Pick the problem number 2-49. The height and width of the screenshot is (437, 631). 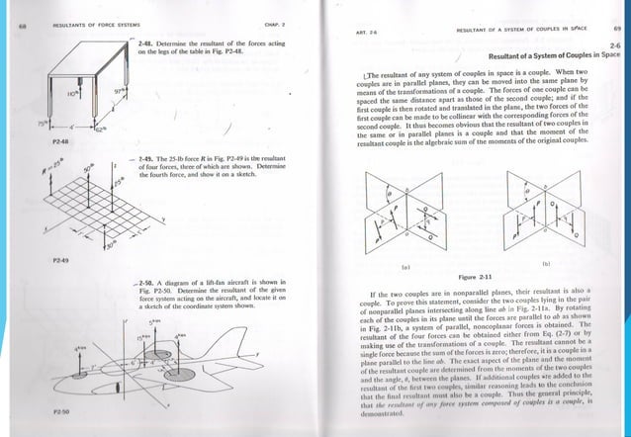pyautogui.click(x=151, y=158)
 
